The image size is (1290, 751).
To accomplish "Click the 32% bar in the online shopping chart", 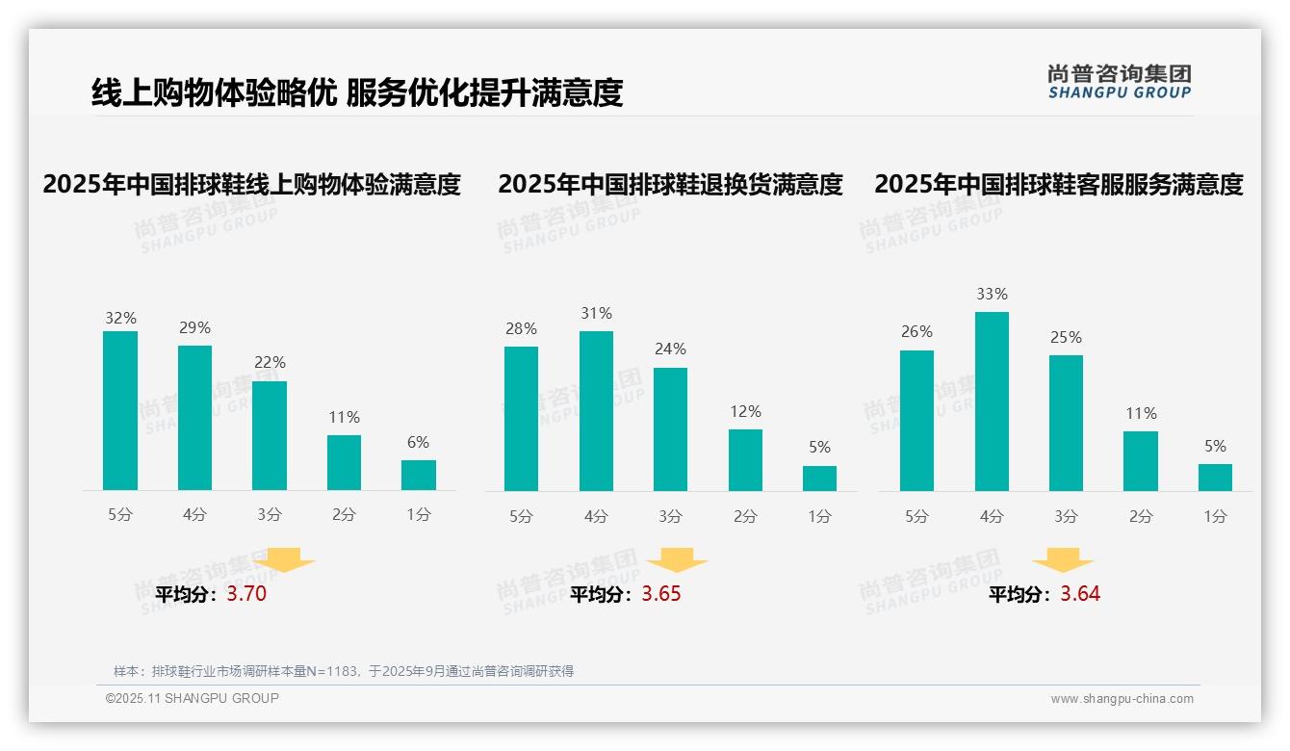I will [x=120, y=411].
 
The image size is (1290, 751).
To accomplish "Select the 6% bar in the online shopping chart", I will [x=419, y=476].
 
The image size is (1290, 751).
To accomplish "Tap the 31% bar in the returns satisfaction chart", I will [x=596, y=411].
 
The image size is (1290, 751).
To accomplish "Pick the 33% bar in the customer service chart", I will [x=992, y=401].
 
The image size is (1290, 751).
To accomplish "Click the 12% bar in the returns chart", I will [x=745, y=460].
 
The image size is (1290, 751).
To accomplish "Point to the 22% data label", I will [x=270, y=363].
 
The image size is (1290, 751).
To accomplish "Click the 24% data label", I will [x=670, y=350].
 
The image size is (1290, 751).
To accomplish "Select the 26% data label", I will [x=916, y=332].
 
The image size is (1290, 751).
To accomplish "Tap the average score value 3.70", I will [x=246, y=594].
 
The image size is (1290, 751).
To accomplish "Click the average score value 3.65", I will [x=661, y=594].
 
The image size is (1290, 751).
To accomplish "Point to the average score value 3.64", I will [x=1080, y=594].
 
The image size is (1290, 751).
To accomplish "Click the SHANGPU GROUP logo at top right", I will [x=1119, y=82].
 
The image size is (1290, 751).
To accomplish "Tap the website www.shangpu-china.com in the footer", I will [x=1122, y=699].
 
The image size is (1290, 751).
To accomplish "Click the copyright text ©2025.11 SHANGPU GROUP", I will [x=193, y=698].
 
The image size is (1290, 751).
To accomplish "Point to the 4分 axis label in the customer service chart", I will [x=992, y=517].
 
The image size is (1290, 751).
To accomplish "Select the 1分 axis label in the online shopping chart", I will [x=419, y=515].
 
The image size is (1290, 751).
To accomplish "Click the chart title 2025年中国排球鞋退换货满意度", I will [x=670, y=184].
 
